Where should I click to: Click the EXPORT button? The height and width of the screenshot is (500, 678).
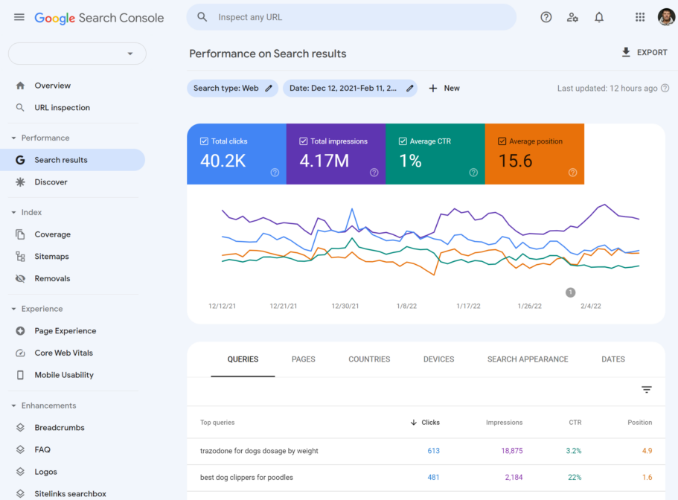(x=645, y=52)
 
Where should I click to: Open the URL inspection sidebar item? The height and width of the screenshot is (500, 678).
(x=62, y=107)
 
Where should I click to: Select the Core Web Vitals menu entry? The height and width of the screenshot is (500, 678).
(x=64, y=353)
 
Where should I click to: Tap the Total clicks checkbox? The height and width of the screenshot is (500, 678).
(x=205, y=141)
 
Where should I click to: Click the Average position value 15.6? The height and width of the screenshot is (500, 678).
(x=515, y=161)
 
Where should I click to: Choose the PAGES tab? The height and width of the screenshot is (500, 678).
(x=304, y=359)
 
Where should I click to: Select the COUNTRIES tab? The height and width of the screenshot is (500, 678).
(x=369, y=359)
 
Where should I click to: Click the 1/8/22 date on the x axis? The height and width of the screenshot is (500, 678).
(x=406, y=306)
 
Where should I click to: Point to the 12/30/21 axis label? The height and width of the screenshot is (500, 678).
(x=345, y=306)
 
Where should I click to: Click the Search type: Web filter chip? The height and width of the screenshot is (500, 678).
(x=232, y=88)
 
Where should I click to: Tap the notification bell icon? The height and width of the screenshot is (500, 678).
(x=599, y=17)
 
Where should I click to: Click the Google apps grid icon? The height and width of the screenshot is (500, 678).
(x=640, y=17)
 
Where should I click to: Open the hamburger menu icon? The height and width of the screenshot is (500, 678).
(x=19, y=17)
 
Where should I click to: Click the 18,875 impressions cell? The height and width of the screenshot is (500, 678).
(x=512, y=451)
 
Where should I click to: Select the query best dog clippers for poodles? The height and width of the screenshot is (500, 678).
(x=246, y=477)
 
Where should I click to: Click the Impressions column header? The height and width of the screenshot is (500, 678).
(x=504, y=423)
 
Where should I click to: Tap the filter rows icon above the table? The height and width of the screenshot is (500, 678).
(x=647, y=390)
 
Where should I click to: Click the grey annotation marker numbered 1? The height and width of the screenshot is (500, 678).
(x=571, y=292)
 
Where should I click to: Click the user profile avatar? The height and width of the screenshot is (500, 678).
(x=666, y=17)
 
